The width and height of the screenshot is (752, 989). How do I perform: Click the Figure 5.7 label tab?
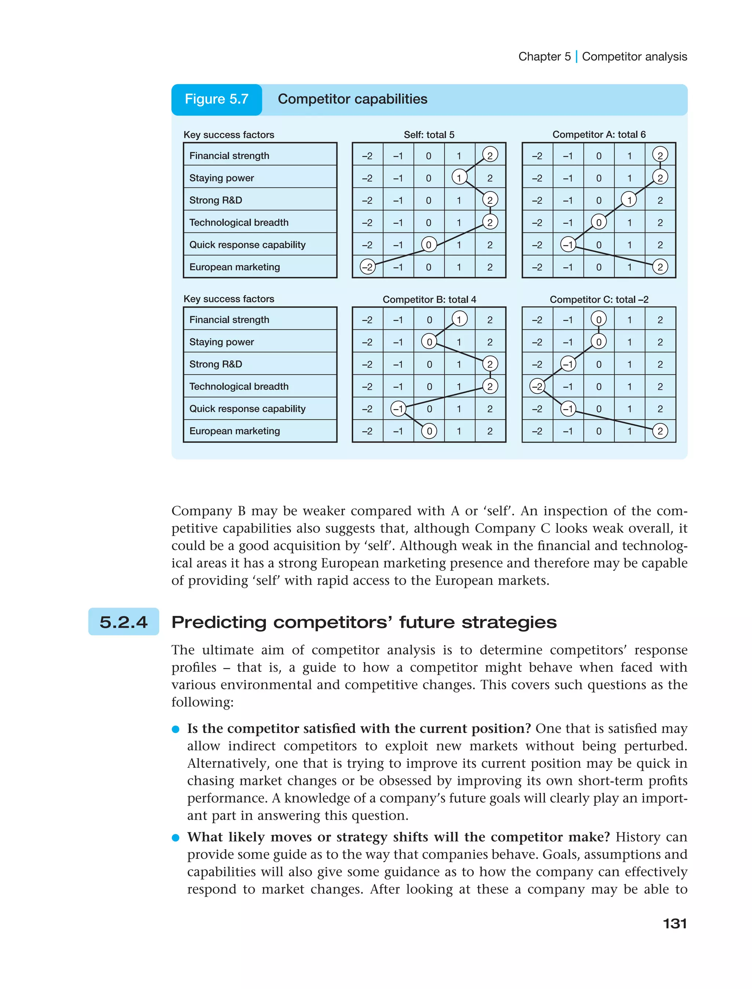(217, 100)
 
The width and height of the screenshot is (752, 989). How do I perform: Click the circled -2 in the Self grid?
(368, 267)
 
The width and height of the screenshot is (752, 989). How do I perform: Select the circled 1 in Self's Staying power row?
(459, 178)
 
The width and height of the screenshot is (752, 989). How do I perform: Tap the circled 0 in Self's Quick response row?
(429, 245)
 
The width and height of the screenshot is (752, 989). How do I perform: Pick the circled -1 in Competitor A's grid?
(568, 245)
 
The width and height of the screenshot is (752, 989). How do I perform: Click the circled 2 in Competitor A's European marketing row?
(660, 267)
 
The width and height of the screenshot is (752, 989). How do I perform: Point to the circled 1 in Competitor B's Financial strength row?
(459, 319)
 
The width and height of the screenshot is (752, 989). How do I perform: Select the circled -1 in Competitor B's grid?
(398, 409)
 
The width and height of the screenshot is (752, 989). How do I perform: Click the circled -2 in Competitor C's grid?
(537, 386)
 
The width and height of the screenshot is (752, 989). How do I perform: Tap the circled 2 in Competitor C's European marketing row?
(660, 431)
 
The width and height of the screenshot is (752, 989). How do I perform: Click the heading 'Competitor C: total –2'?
(599, 300)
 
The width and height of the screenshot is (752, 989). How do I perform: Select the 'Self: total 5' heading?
(429, 135)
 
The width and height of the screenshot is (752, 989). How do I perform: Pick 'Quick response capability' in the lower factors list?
(247, 409)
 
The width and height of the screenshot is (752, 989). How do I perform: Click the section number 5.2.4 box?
(123, 622)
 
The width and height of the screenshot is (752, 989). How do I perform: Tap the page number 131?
(675, 924)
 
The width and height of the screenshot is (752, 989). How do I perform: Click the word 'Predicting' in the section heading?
(219, 622)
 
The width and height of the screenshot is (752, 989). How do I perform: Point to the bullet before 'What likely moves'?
(176, 838)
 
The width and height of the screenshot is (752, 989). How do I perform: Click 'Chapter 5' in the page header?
(544, 57)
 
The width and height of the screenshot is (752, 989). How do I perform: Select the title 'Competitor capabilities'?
(352, 100)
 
